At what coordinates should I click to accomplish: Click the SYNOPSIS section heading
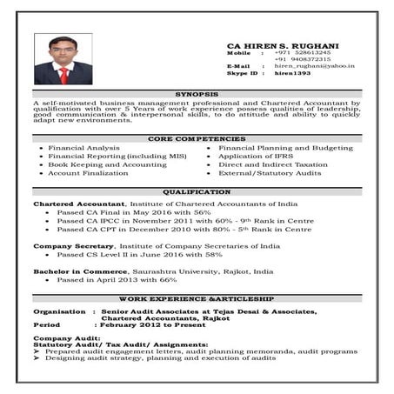tap(197, 93)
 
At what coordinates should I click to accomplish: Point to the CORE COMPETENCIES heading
tap(197, 138)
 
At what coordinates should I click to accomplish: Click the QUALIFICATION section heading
tap(197, 191)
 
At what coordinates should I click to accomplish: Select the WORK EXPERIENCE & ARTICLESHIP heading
tap(197, 298)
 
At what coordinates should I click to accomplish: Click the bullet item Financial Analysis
tap(84, 148)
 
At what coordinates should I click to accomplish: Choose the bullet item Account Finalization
tap(89, 172)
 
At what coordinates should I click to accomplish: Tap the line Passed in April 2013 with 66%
tap(117, 280)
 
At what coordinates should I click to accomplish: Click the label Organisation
tap(59, 311)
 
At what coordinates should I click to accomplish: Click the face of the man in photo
tap(63, 50)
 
